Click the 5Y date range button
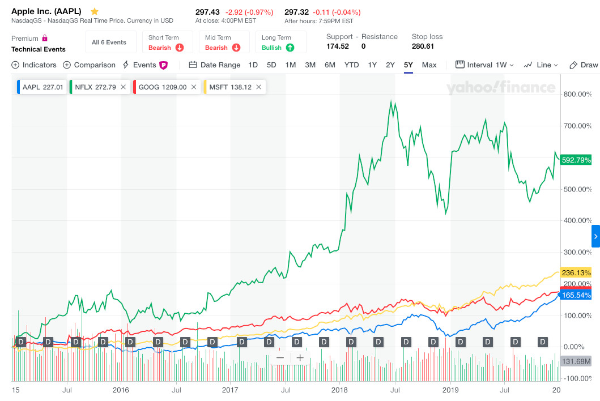click(x=408, y=65)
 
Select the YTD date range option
click(x=351, y=65)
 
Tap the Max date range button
click(x=429, y=65)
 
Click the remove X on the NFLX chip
click(x=123, y=87)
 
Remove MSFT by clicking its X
click(x=258, y=87)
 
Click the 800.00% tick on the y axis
click(x=577, y=94)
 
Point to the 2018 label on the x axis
click(x=339, y=390)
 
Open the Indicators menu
click(x=34, y=65)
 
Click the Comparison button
click(x=89, y=65)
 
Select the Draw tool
click(x=584, y=65)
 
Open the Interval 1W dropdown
click(x=486, y=65)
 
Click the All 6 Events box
click(x=109, y=42)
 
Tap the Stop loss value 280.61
click(x=423, y=46)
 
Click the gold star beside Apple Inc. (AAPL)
click(x=95, y=12)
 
